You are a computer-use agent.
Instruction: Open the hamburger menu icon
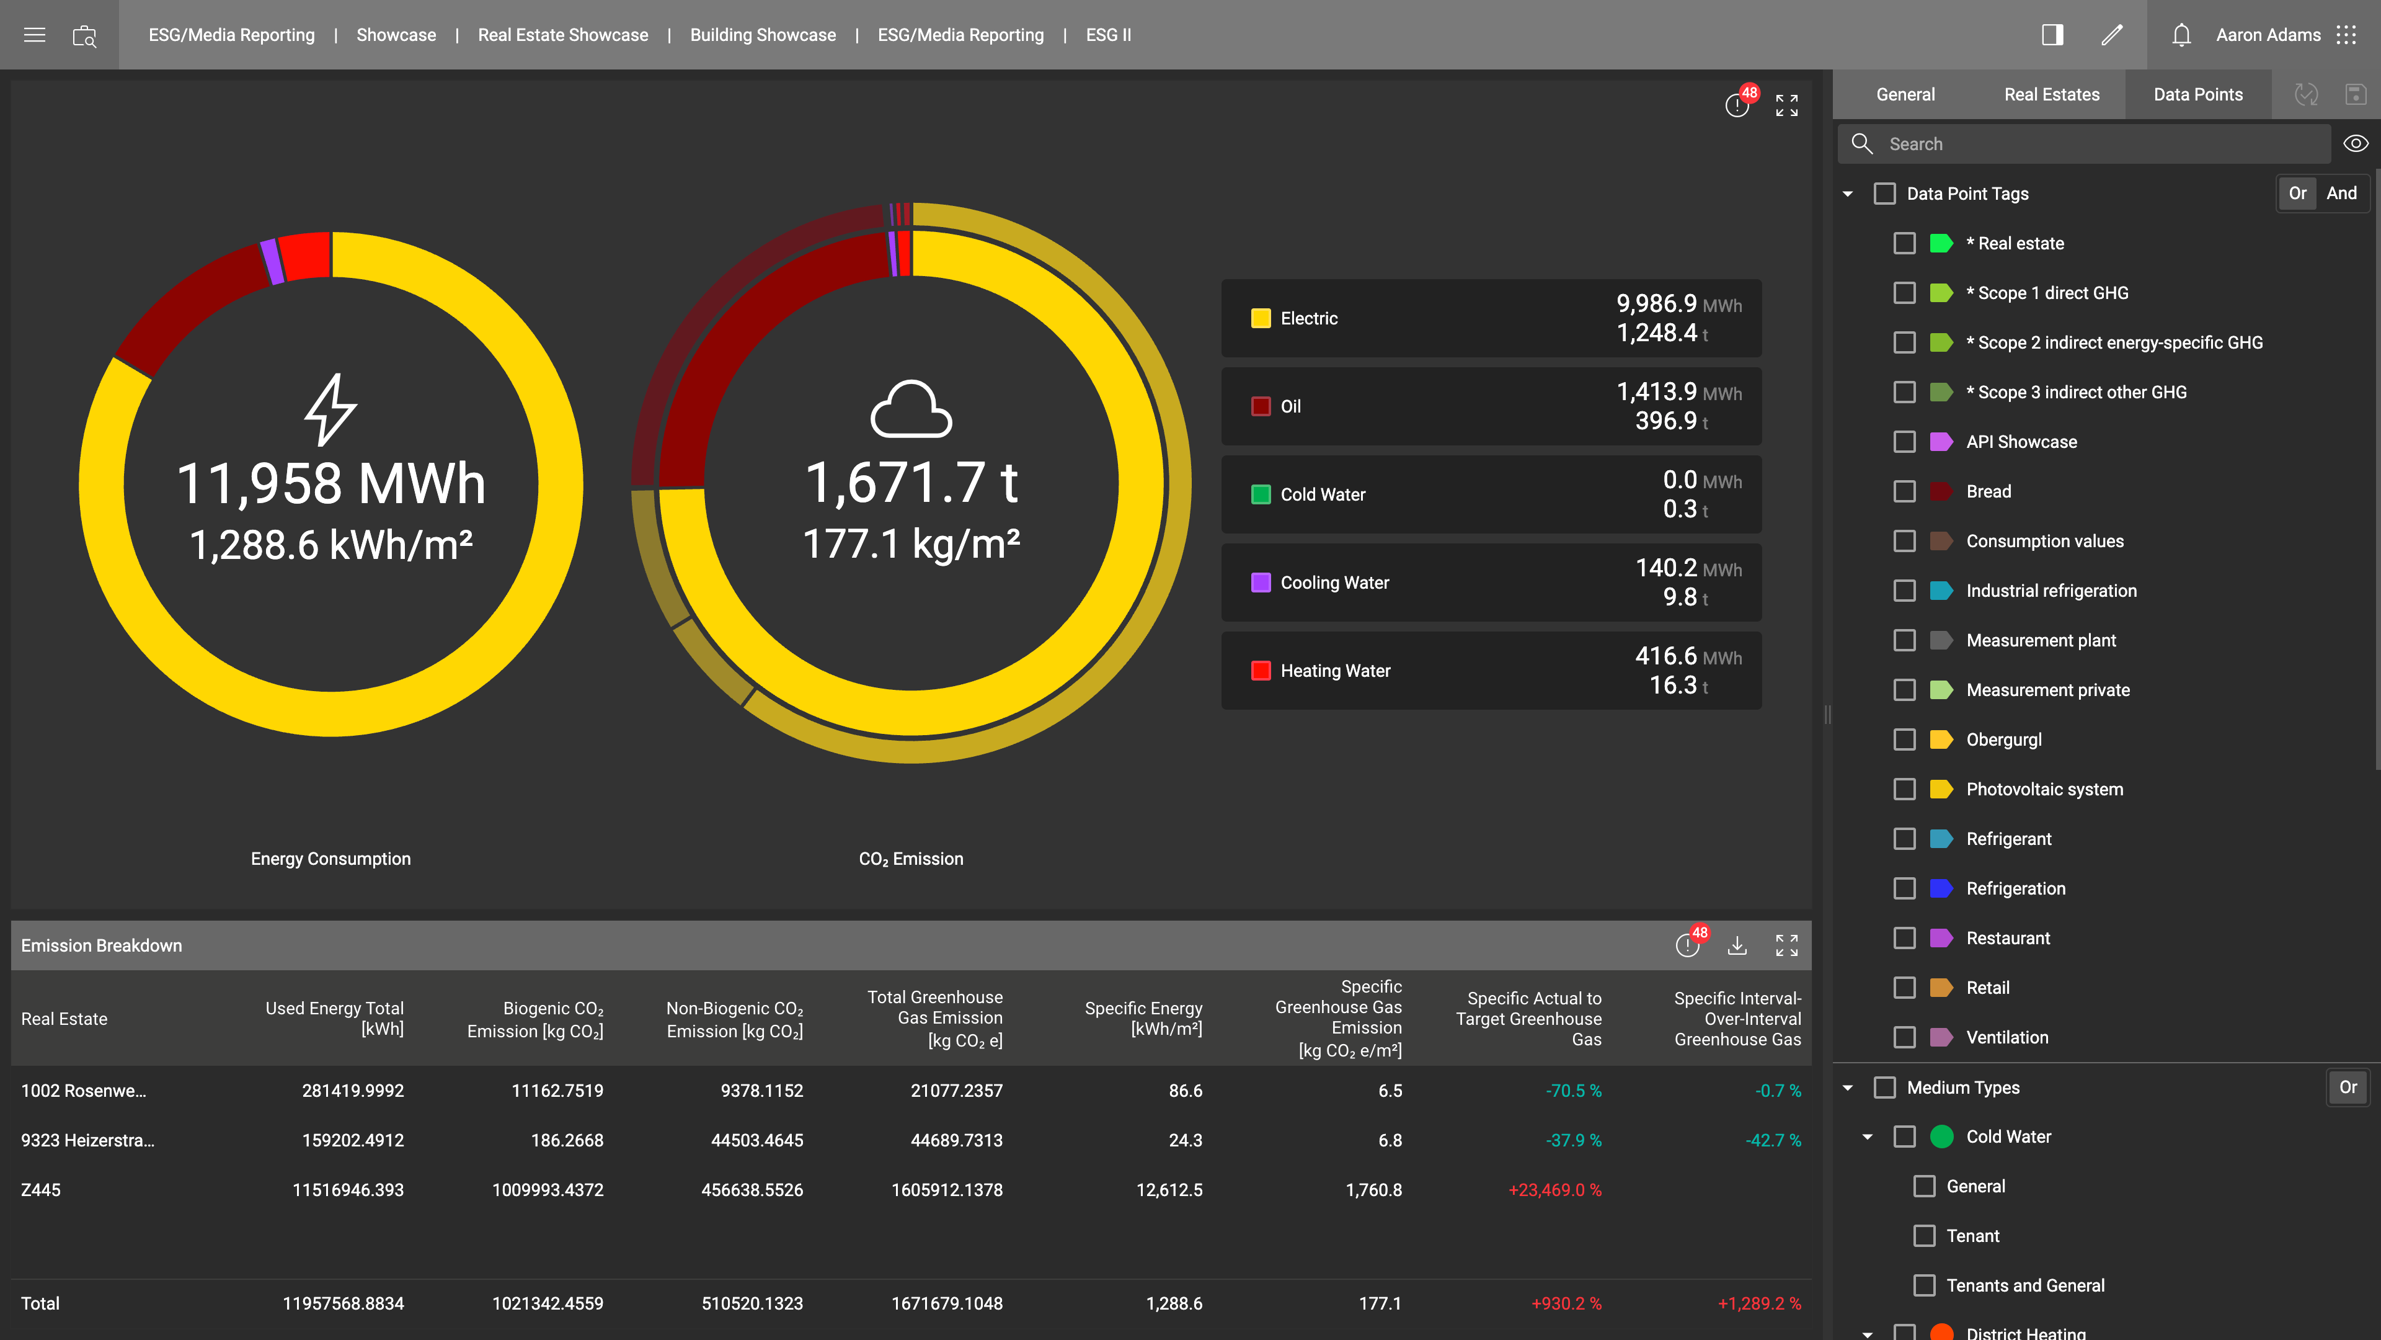34,35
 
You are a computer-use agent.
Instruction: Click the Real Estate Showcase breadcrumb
563,35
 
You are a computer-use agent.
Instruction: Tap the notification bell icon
2181,35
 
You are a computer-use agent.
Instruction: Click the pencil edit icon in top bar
2112,35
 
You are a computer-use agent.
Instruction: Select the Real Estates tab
2052,94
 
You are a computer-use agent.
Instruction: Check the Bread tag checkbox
1904,492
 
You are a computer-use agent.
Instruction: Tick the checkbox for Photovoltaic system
1904,790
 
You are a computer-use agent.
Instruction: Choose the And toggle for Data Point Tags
2341,194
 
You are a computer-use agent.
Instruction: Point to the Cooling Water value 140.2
1665,568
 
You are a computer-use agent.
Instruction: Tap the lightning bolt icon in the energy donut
331,409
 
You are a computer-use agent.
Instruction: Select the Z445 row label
41,1190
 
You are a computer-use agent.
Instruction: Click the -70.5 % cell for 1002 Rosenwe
1573,1091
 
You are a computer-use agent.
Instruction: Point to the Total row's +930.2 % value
1566,1304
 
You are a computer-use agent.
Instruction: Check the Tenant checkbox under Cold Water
1925,1236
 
